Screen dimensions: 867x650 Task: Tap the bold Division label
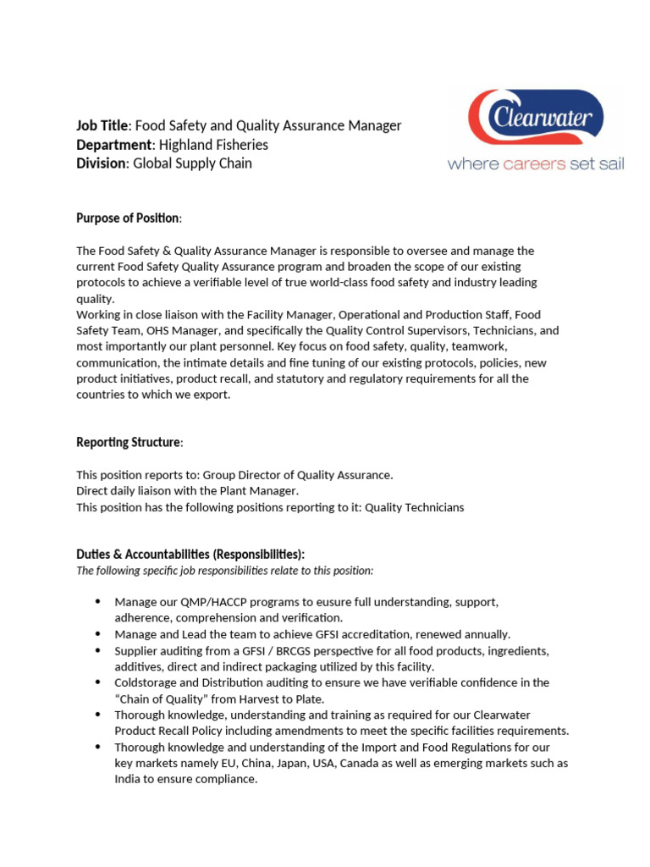pyautogui.click(x=101, y=163)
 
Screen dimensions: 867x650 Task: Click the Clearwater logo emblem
pyautogui.click(x=536, y=118)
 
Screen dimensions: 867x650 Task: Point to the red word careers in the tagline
pyautogui.click(x=534, y=163)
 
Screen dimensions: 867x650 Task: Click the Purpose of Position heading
pyautogui.click(x=129, y=218)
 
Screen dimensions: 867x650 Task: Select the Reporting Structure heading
pyautogui.click(x=129, y=443)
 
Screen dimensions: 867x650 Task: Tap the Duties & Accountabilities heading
pyautogui.click(x=190, y=555)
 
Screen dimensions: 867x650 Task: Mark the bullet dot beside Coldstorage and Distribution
pyautogui.click(x=97, y=682)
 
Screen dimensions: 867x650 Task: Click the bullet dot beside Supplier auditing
pyautogui.click(x=97, y=649)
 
